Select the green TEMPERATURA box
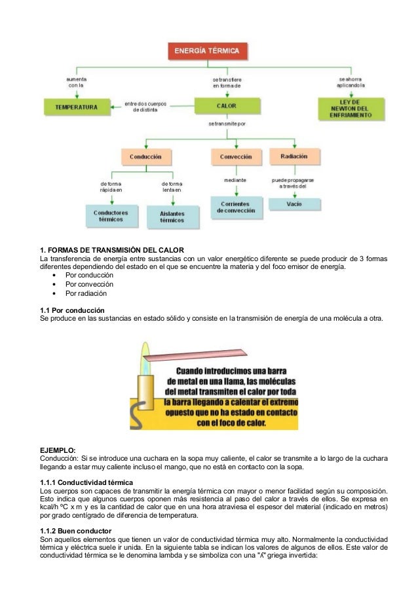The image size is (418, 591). [x=76, y=106]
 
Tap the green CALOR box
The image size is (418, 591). [x=226, y=105]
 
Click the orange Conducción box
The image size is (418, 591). [x=145, y=157]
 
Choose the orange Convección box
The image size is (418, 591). [x=235, y=157]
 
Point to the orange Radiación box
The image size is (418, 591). [x=294, y=156]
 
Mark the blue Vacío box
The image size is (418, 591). [x=294, y=204]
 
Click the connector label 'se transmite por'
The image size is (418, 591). [x=227, y=124]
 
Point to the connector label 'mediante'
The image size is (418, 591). [x=235, y=179]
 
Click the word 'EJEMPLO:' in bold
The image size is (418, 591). [x=58, y=450]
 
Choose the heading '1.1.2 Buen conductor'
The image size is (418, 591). [x=75, y=530]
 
